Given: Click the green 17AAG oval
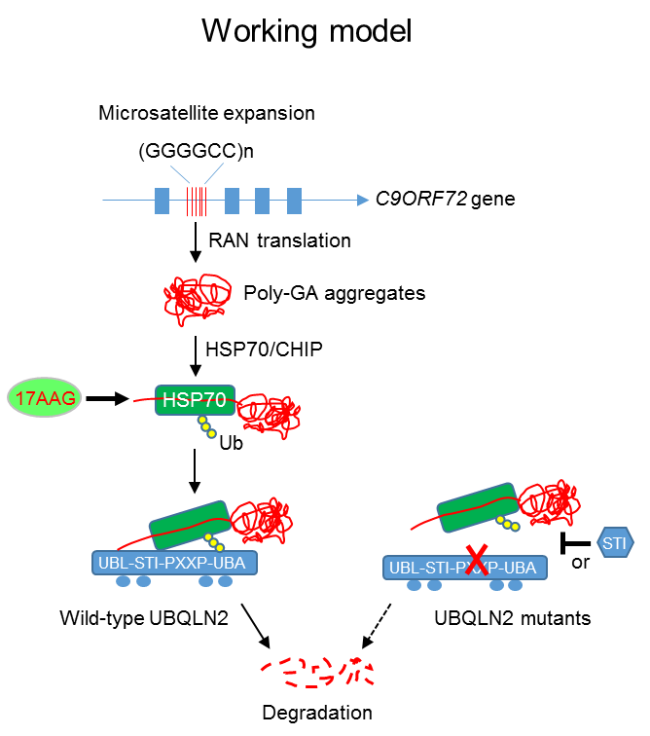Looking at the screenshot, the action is click(45, 397).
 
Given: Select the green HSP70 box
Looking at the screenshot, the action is click(195, 400).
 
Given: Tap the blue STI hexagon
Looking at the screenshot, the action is click(615, 542).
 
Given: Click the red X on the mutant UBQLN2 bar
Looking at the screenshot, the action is click(477, 560).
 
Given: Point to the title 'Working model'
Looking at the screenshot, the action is click(307, 31).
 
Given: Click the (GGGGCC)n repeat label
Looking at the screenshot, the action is click(197, 151).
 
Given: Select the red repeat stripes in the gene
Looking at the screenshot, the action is click(197, 201).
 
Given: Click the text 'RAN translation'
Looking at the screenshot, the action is click(279, 240).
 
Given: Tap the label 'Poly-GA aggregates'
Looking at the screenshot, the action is click(335, 293).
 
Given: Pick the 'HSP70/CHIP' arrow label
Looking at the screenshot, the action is click(265, 350).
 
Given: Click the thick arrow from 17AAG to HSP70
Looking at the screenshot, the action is click(107, 398).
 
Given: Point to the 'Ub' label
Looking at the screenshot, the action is click(231, 443).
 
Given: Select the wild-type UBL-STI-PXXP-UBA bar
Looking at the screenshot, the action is click(174, 563).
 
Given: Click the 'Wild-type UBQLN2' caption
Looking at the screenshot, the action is click(144, 617).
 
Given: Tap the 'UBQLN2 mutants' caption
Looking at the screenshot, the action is click(513, 617).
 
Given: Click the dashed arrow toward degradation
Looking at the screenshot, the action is click(377, 626).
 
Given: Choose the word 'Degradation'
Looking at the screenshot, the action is click(317, 712).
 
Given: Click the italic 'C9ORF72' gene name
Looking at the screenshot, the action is click(421, 199).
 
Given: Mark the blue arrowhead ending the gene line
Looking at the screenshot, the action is click(363, 201).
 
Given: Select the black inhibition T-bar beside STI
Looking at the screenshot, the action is click(575, 543).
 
